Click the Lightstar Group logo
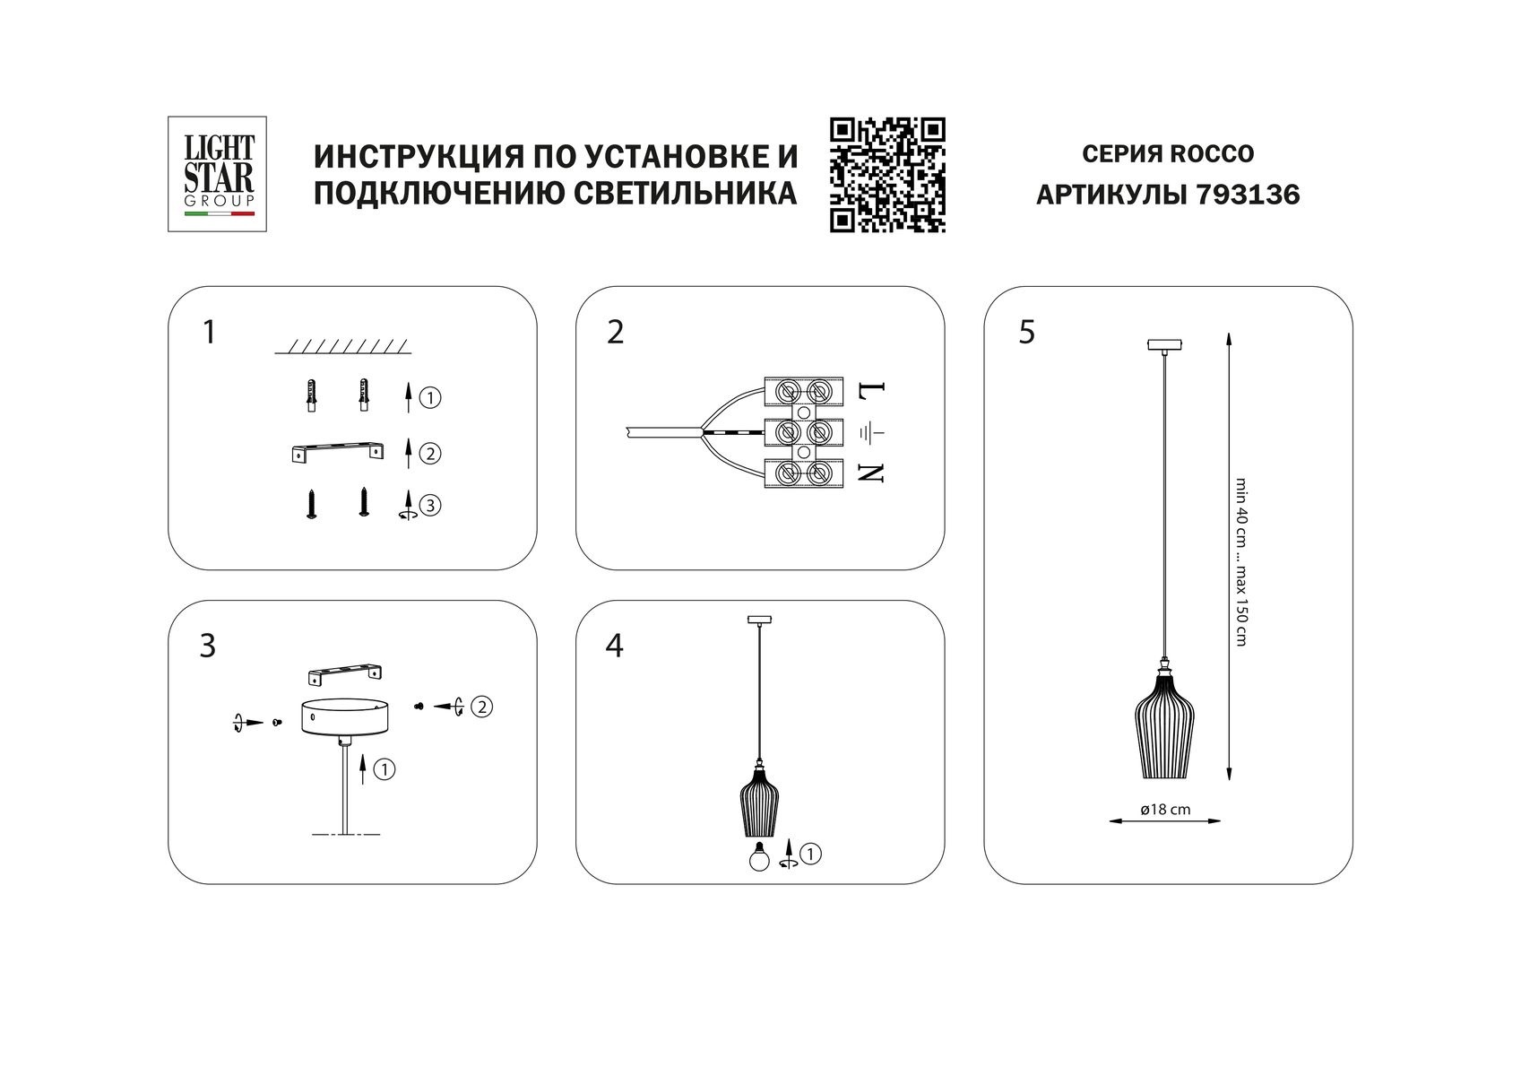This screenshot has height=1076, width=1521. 219,174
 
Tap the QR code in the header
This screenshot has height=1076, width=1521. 887,175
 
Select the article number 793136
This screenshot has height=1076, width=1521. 1248,195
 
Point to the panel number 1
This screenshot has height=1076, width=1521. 209,333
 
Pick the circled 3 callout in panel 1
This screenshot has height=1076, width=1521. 430,506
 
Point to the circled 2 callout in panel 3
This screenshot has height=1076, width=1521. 482,707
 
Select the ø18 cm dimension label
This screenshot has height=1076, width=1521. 1165,810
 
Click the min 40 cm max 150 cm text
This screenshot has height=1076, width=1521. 1240,560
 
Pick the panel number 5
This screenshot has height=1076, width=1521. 1026,333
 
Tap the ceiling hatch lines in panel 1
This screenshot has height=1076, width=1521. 341,346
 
